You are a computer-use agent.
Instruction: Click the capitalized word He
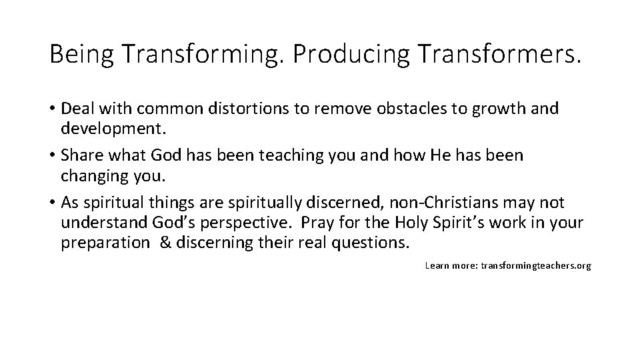pos(441,155)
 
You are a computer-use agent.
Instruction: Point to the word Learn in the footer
pos(437,265)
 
